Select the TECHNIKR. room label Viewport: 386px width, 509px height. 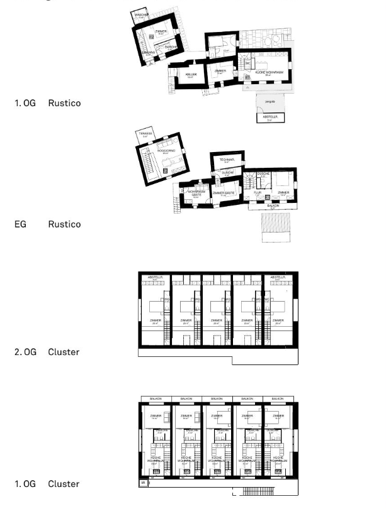[x=227, y=160]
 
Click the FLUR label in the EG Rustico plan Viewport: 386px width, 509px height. [x=258, y=192]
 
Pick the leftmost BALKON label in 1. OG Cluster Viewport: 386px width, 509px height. [x=155, y=399]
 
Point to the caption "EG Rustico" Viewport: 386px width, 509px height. [x=47, y=224]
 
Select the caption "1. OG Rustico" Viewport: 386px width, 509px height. [x=48, y=102]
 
